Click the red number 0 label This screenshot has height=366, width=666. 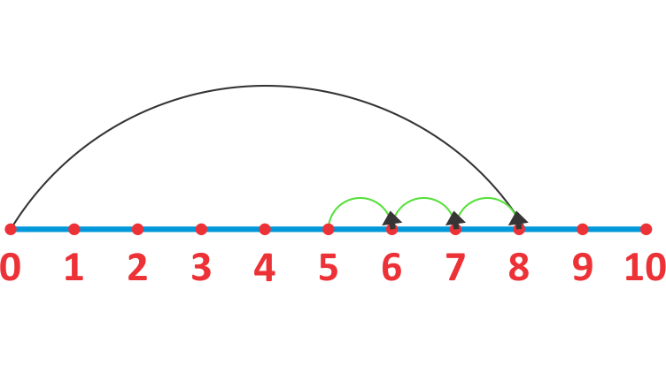click(x=11, y=267)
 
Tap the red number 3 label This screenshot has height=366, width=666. click(x=201, y=267)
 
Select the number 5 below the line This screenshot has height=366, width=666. click(x=329, y=267)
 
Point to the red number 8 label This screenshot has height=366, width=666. click(x=519, y=267)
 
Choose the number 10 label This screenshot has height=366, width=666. click(x=645, y=267)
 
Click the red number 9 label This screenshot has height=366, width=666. click(x=583, y=267)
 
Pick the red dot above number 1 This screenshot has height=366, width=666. click(x=74, y=230)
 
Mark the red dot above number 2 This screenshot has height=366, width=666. click(x=137, y=230)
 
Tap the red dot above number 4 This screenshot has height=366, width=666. click(x=265, y=230)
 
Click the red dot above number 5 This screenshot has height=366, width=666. click(x=329, y=230)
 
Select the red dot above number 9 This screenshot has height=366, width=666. click(x=583, y=230)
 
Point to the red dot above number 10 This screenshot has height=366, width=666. click(x=646, y=230)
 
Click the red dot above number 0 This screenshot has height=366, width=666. click(x=11, y=230)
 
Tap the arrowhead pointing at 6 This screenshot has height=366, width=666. click(x=391, y=219)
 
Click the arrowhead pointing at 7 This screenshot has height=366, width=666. click(x=455, y=219)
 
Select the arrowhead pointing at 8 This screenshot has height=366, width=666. click(x=518, y=219)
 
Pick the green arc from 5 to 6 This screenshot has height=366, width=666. click(x=360, y=198)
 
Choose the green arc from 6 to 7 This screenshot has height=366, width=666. click(x=423, y=198)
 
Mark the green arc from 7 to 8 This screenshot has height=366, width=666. click(x=487, y=198)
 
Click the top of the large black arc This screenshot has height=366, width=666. click(x=265, y=86)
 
